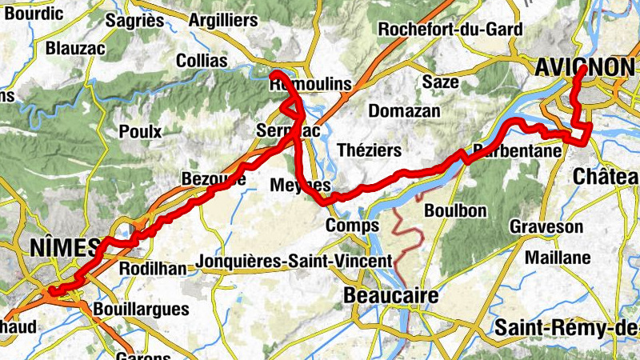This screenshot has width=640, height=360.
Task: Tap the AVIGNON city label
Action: pyautogui.click(x=588, y=67)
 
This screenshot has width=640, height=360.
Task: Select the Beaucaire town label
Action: pyautogui.click(x=390, y=296)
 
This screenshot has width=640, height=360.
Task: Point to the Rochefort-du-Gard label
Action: pyautogui.click(x=450, y=30)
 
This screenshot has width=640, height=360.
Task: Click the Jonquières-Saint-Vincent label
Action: pyautogui.click(x=294, y=261)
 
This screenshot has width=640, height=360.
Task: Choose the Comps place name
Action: pyautogui.click(x=352, y=226)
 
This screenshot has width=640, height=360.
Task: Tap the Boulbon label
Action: pyautogui.click(x=455, y=210)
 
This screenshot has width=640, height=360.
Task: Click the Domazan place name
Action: pyautogui.click(x=404, y=111)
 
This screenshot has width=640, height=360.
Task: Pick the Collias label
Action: pyautogui.click(x=201, y=61)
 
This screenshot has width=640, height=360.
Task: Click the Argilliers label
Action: pyautogui.click(x=223, y=19)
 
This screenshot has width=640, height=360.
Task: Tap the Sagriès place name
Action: pyautogui.click(x=134, y=19)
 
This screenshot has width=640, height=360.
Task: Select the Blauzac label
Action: pyautogui.click(x=75, y=48)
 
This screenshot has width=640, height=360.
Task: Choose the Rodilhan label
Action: pyautogui.click(x=151, y=269)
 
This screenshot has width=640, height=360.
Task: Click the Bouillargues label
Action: pyautogui.click(x=141, y=309)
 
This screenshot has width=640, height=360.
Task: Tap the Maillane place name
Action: pyautogui.click(x=558, y=258)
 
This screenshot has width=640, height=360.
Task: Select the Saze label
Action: pyautogui.click(x=441, y=82)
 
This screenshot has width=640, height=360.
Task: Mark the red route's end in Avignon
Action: pyautogui.click(x=582, y=69)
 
